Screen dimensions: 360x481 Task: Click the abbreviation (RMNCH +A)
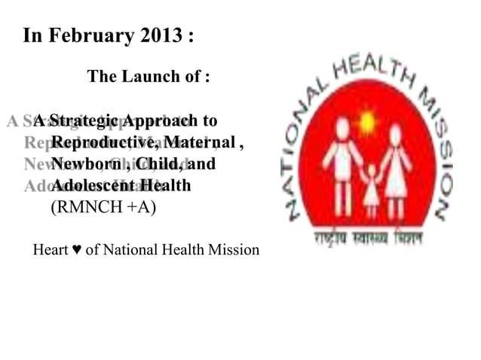pyautogui.click(x=103, y=206)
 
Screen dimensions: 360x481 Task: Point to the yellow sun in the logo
pyautogui.click(x=367, y=121)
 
